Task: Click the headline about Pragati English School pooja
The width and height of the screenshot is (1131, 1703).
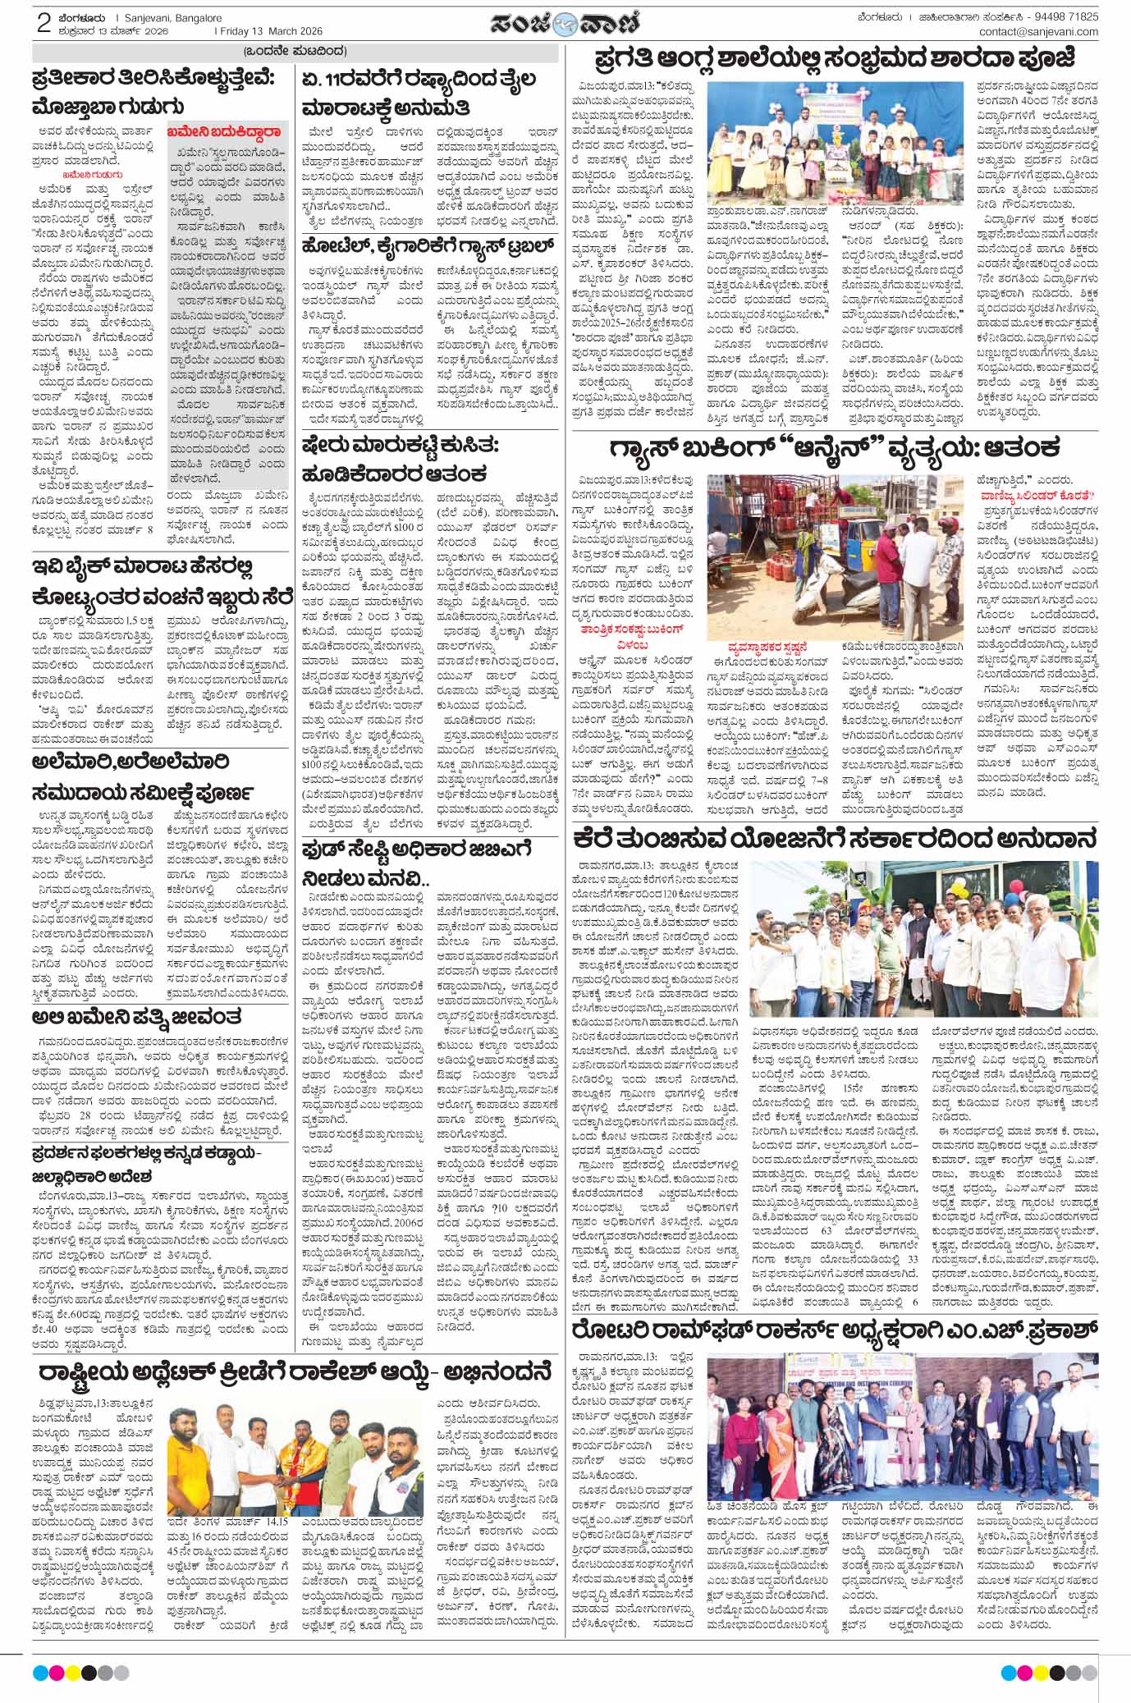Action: tap(846, 62)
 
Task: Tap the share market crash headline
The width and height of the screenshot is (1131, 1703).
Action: tap(426, 458)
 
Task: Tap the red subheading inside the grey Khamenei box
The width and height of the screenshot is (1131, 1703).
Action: tap(225, 130)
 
